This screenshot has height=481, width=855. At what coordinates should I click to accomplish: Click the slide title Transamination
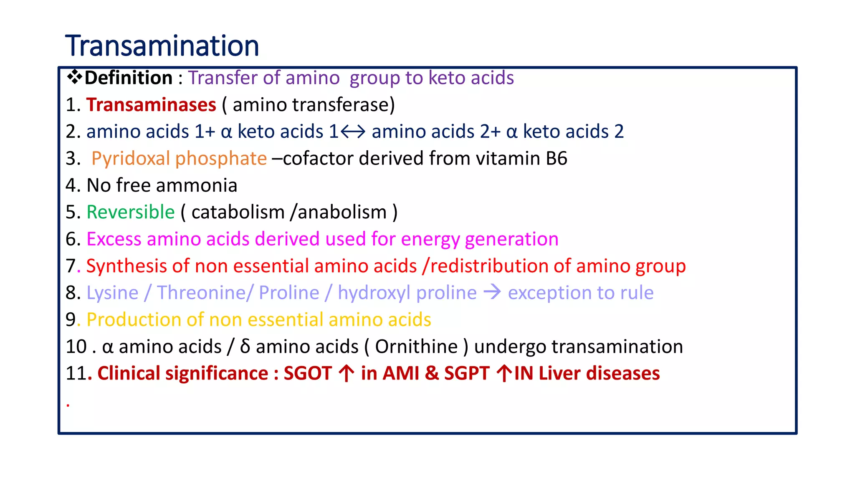(x=162, y=46)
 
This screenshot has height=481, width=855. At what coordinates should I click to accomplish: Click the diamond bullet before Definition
(x=74, y=77)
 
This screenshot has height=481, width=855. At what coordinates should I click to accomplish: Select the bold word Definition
(x=129, y=78)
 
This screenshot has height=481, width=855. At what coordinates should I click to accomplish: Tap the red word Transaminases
(x=151, y=105)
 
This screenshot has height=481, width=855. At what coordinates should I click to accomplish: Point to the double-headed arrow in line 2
(x=353, y=132)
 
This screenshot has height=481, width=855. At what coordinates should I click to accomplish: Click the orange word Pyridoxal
(x=131, y=159)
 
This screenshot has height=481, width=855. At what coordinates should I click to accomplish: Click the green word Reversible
(x=130, y=212)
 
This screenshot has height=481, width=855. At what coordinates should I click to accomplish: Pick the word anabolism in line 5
(x=342, y=212)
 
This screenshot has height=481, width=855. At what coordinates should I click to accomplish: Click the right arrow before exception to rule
(x=492, y=292)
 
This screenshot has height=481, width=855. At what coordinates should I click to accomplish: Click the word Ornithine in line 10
(x=416, y=347)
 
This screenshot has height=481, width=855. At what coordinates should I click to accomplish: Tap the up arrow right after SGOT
(x=347, y=373)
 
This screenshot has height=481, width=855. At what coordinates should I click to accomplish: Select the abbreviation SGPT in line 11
(x=466, y=373)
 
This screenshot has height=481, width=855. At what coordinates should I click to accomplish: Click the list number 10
(x=76, y=347)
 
